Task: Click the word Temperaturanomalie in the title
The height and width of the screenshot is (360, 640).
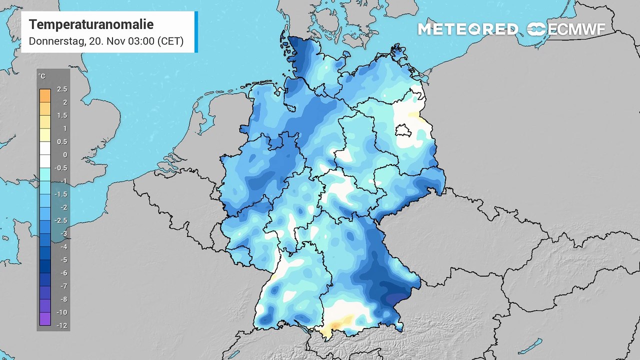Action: pos(91,24)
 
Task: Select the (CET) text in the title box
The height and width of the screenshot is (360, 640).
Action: pos(170,41)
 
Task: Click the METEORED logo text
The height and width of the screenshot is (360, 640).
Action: pos(468,29)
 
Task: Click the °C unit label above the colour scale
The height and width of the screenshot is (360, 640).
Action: pos(42,76)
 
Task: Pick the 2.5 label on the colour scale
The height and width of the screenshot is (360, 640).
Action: pos(62,89)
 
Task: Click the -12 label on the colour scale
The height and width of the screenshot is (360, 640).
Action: pos(62,325)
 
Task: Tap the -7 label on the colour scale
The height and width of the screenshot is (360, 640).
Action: pos(63,286)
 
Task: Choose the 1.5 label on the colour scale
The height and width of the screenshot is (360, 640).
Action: pos(62,115)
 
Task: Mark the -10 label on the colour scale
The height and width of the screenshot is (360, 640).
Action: pos(62,312)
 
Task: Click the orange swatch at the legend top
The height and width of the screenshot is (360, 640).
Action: pos(44,95)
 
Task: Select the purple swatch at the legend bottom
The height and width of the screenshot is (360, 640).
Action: pos(44,319)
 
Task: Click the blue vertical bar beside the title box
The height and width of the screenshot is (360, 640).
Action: pos(196,32)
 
